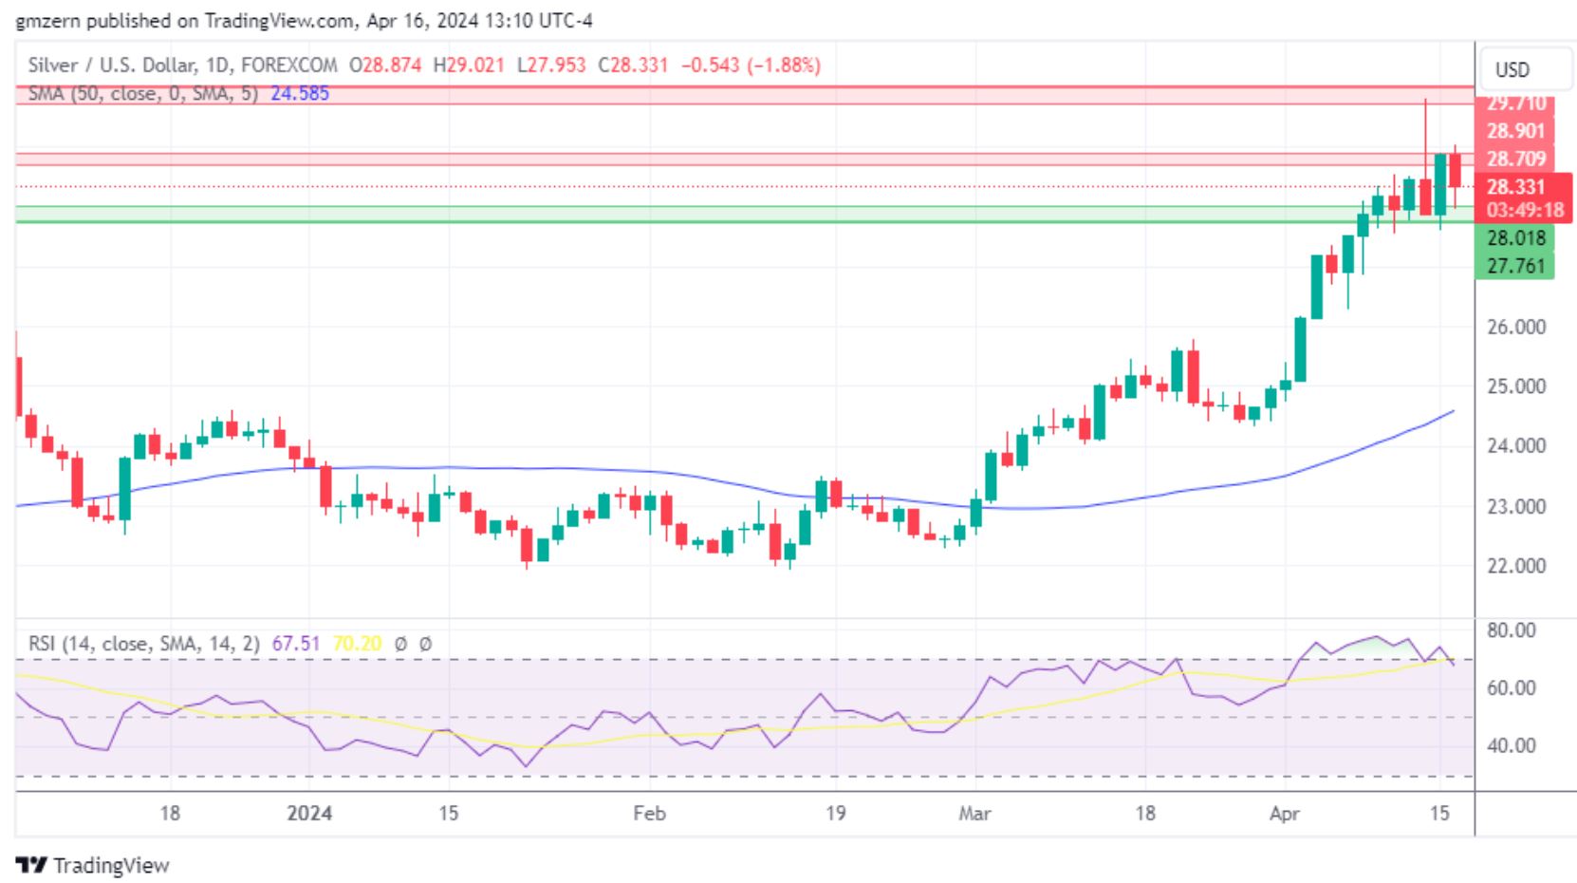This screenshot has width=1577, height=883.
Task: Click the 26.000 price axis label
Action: point(1515,327)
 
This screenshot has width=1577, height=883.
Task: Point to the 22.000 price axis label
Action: point(1515,566)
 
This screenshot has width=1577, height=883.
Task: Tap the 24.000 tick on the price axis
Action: point(1515,445)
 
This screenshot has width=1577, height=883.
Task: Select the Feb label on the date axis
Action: point(649,814)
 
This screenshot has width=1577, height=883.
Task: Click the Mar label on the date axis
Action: point(974,814)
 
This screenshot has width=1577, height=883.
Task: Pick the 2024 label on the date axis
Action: point(309,814)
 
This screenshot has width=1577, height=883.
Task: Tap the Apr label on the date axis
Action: point(1284,814)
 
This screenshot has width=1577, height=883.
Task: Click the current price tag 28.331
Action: point(1515,187)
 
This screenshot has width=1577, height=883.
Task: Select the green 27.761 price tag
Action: point(1515,266)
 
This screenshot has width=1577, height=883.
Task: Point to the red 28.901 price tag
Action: point(1515,131)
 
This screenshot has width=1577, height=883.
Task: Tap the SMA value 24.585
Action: point(300,93)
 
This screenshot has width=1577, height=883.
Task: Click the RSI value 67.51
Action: point(296,644)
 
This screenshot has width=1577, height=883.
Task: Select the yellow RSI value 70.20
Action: point(357,644)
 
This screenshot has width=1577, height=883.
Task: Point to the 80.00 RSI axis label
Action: point(1511,630)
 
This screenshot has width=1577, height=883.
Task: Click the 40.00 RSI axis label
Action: point(1511,745)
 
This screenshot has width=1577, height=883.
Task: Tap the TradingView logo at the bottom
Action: point(93,865)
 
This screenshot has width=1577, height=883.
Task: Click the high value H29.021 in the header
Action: point(469,66)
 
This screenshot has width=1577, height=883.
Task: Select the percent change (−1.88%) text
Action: point(784,66)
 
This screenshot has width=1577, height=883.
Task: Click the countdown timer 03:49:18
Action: point(1524,210)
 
